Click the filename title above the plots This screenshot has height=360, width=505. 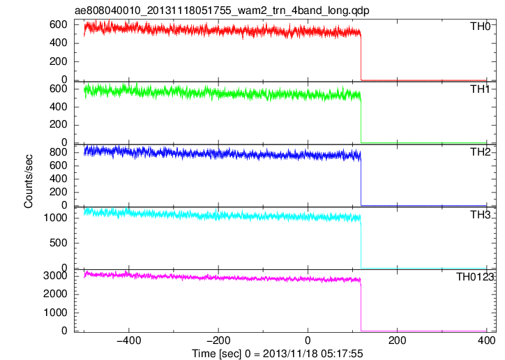pos(222,10)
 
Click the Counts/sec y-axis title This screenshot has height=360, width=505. pos(29,181)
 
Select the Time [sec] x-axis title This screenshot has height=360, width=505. pos(278,354)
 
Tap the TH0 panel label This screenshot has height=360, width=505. pos(480,26)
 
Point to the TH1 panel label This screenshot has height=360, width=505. pos(480,89)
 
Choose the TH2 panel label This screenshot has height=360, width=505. pos(480,152)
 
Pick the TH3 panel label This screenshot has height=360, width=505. pos(480,215)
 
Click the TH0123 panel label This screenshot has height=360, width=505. pos(475,277)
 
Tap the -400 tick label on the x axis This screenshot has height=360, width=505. pos(129,340)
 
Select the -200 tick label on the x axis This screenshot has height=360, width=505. pos(218,340)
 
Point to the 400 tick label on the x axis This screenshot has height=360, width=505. pos(487,340)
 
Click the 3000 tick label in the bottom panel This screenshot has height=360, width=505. pos(55,276)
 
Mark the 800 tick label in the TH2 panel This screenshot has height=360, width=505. pos(59,152)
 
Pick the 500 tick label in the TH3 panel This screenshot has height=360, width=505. pos(59,243)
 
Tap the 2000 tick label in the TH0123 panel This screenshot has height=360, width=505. pos(55,294)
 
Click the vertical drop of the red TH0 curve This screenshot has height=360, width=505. pos(361,58)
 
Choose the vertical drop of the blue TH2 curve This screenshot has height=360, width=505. pos(361,183)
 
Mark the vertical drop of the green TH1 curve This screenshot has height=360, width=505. pos(361,121)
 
